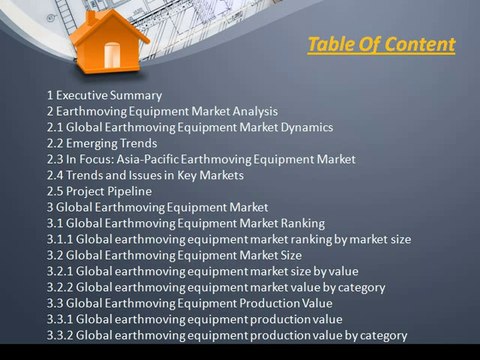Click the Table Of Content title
(x=381, y=45)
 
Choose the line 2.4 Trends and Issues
(x=145, y=175)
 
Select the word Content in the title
(x=422, y=45)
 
